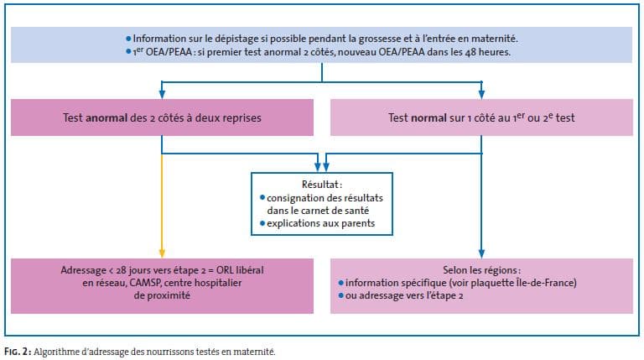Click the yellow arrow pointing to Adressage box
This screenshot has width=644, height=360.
(x=162, y=206)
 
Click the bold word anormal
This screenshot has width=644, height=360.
(x=106, y=118)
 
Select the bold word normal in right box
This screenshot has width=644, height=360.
(x=428, y=118)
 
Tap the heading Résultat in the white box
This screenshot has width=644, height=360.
(x=322, y=185)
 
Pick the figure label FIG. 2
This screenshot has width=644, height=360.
(x=18, y=352)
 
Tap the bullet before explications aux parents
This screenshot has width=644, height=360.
(x=262, y=223)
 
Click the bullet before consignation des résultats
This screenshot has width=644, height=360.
(x=262, y=198)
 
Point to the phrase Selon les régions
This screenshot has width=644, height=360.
(x=481, y=270)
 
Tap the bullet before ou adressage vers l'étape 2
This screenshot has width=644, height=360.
(x=341, y=295)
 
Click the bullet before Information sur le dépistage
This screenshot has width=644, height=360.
(x=128, y=39)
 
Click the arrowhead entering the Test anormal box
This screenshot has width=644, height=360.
(x=162, y=94)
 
